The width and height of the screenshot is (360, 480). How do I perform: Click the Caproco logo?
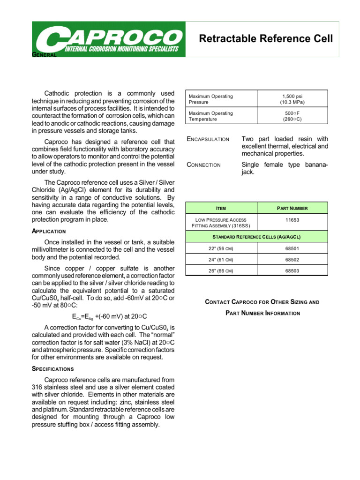pos(108,40)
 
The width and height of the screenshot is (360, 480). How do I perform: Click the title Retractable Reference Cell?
pos(266,39)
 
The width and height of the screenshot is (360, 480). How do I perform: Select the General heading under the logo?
pos(44,55)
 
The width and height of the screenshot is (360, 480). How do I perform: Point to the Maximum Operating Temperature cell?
pos(221,116)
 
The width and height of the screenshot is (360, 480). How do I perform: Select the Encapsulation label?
pos(208,139)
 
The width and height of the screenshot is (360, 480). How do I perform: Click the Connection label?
pos(203,165)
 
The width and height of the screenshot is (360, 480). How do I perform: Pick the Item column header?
pos(221,208)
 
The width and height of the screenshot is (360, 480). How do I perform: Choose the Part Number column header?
pos(292,208)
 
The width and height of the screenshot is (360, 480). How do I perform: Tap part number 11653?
pos(292,219)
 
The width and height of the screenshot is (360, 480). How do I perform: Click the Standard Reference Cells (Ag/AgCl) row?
pos(256,236)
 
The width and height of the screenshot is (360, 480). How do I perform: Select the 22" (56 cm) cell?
pos(221,248)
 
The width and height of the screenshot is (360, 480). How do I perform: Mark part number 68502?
pos(292,259)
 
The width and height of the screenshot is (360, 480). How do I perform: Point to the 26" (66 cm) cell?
pos(221,270)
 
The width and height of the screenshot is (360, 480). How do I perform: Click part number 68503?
pos(292,270)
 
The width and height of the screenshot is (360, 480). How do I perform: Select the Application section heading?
pos(48,231)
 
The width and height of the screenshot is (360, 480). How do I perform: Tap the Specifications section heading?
pos(52,369)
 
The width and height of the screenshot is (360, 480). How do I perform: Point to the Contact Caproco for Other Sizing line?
pos(262,302)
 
